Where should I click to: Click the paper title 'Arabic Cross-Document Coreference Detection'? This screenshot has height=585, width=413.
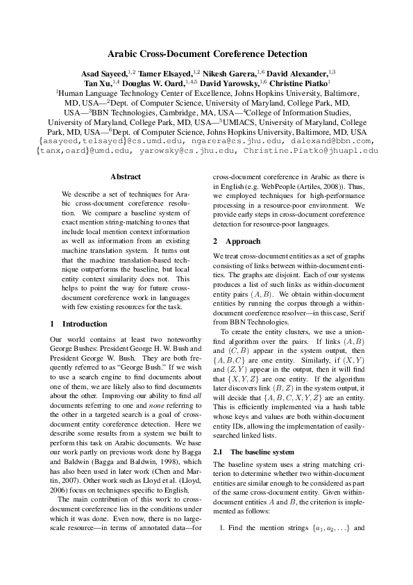click(x=206, y=53)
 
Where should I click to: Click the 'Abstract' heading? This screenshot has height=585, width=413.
click(x=125, y=176)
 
